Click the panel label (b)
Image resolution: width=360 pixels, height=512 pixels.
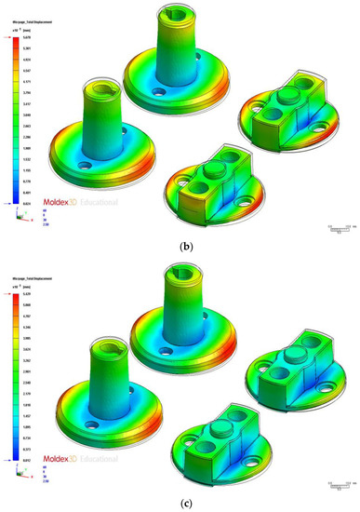tap(180, 247)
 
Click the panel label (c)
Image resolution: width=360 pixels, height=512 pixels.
tap(180, 504)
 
